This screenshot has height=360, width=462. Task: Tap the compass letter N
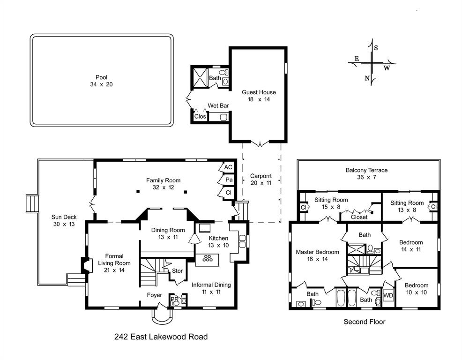pos(367,78)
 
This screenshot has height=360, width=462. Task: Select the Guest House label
pos(259,92)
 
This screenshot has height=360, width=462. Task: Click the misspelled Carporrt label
pos(260,176)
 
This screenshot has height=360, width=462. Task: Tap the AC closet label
pos(228,167)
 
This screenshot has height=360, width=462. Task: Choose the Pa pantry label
pos(229,180)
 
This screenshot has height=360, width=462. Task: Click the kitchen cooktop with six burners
pos(207,258)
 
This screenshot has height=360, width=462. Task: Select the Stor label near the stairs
pos(177,271)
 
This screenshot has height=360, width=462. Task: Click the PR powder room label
pos(173,299)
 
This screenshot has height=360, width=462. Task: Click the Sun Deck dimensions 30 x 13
pos(64,225)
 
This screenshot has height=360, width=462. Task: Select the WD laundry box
pos(388,296)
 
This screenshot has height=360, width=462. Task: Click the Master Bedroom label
pos(317,252)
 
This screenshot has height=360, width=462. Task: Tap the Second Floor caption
pos(364,322)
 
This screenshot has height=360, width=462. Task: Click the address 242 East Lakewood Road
pos(161,337)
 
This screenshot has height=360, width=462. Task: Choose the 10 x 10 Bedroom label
pos(417,285)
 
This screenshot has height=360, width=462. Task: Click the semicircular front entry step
pos(162,316)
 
